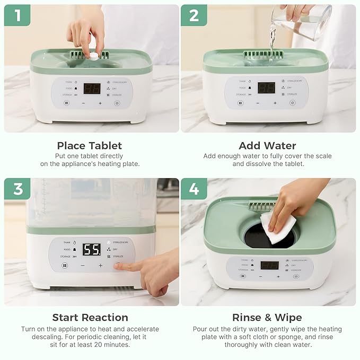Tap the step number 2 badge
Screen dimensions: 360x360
(x=194, y=15)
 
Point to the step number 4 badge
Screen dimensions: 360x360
(x=194, y=189)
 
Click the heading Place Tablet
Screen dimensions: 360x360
(x=90, y=145)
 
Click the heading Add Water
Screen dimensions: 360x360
(x=267, y=145)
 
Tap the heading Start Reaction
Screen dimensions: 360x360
(x=90, y=318)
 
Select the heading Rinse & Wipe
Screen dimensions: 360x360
(x=267, y=318)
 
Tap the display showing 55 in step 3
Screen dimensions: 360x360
(x=91, y=249)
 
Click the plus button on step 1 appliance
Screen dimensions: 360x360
(x=100, y=103)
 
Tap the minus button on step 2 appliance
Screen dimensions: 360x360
(x=258, y=103)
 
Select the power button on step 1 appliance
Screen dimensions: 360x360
(x=117, y=103)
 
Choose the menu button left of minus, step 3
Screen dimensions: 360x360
(x=65, y=265)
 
